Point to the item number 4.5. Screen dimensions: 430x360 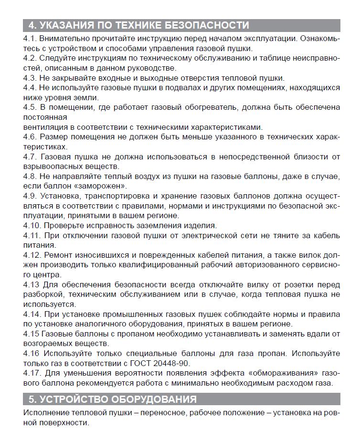tap(30, 108)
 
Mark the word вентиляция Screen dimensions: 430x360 tap(45, 127)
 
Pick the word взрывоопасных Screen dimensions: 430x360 tap(51, 167)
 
